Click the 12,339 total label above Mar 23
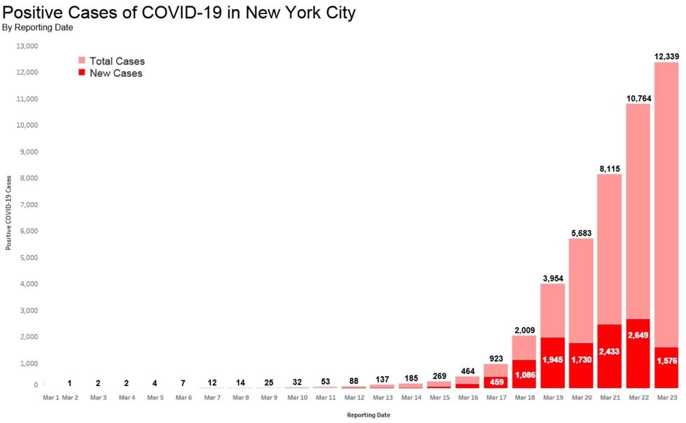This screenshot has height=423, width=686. pos(666,55)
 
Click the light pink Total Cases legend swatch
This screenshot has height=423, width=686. pos(82,61)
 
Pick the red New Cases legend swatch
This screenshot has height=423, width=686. pos(82,73)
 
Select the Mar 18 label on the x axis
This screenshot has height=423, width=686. pos(524,398)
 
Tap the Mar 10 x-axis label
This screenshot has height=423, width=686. pos(297,398)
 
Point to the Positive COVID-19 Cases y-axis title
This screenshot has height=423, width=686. pos(9,213)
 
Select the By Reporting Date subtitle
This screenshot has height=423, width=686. pos(38,28)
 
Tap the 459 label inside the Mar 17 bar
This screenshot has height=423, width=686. pos(495,381)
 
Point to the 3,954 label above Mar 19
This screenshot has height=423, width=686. pos(552,278)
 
